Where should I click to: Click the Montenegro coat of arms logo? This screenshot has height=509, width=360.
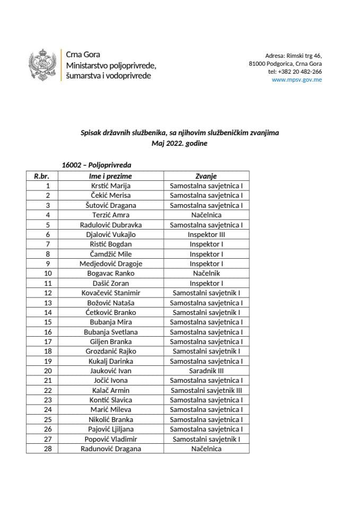pyautogui.click(x=42, y=65)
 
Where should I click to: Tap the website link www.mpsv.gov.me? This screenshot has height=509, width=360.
pyautogui.click(x=296, y=80)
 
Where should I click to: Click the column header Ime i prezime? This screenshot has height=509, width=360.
pyautogui.click(x=110, y=176)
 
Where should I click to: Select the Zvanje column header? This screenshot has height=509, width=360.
pyautogui.click(x=206, y=176)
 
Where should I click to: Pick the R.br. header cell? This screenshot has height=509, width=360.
pyautogui.click(x=42, y=176)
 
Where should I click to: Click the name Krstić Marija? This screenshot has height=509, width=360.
pyautogui.click(x=110, y=186)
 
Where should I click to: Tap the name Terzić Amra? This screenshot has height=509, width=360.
pyautogui.click(x=110, y=215)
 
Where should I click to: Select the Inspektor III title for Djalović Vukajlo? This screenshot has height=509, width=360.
pyautogui.click(x=206, y=234)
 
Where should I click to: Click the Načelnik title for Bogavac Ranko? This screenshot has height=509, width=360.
pyautogui.click(x=206, y=273)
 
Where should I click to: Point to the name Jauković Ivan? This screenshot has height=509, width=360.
pyautogui.click(x=110, y=371)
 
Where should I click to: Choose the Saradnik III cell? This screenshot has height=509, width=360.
pyautogui.click(x=206, y=371)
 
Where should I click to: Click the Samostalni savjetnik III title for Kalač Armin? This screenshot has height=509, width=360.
pyautogui.click(x=206, y=390)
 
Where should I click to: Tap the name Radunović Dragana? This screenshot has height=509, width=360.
pyautogui.click(x=110, y=449)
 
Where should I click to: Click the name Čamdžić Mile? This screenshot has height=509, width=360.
pyautogui.click(x=110, y=254)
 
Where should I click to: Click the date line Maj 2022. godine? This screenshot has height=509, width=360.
pyautogui.click(x=180, y=143)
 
